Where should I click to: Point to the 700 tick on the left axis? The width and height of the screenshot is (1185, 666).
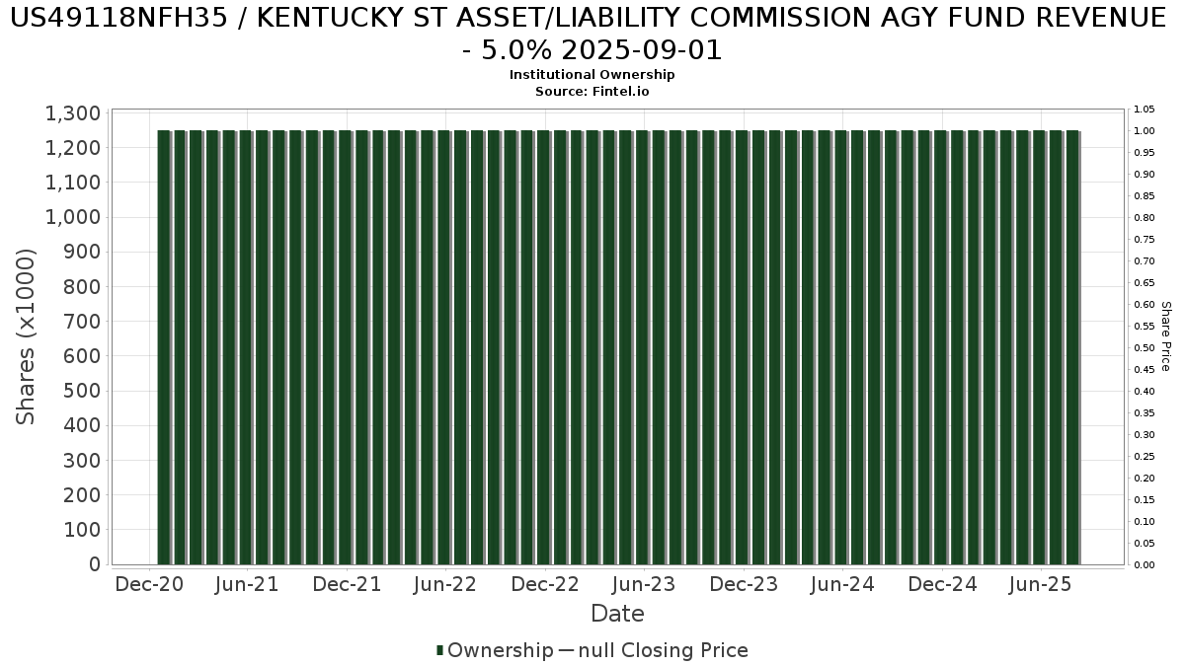point(84,322)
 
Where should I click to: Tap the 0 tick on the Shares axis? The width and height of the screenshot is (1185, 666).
point(95,564)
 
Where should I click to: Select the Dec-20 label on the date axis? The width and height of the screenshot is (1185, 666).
point(149,585)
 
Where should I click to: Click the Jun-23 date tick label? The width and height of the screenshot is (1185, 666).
point(644,585)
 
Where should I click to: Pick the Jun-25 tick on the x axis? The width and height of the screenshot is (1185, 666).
point(1040,585)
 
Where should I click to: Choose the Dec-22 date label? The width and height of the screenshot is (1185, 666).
point(545,585)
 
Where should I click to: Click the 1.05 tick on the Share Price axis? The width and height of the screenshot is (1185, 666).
point(1144,110)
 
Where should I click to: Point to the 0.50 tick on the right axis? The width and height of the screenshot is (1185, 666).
point(1144,348)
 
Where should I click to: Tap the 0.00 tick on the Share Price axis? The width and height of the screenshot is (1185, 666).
point(1144,565)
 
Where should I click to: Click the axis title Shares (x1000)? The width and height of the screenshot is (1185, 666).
point(27,336)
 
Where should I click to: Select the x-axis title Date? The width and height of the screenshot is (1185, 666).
point(617,614)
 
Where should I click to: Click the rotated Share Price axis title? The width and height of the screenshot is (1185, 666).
point(1165,336)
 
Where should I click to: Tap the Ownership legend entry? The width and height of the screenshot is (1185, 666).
point(501,650)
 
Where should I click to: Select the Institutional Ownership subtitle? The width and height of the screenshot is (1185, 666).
point(592,75)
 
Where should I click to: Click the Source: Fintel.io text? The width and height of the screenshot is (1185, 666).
point(592,91)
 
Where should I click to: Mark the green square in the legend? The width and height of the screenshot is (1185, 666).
point(440,650)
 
